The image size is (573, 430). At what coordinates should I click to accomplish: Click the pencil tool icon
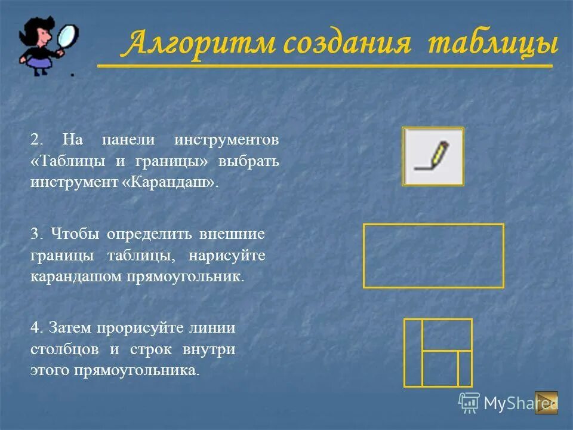tap(433, 156)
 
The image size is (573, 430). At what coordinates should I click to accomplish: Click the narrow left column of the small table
tap(413, 352)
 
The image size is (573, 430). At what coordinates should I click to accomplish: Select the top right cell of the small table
tap(447, 334)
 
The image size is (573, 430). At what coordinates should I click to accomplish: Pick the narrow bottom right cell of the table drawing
tap(465, 368)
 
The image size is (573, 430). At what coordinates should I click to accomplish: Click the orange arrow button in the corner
tap(546, 403)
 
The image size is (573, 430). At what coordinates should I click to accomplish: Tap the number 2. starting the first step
tap(36, 140)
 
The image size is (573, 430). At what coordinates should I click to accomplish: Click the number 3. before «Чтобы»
tap(36, 234)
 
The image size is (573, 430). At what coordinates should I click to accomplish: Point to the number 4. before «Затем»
tap(36, 327)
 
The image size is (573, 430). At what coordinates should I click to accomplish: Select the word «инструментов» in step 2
tap(227, 140)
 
